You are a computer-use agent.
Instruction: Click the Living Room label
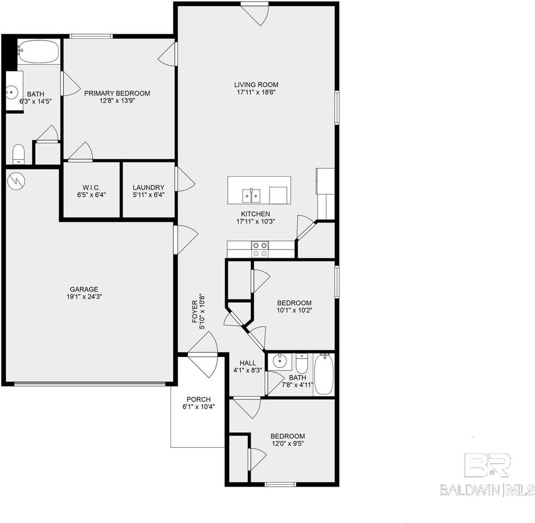[256, 84]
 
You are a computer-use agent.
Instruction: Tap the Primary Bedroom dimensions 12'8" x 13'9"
[117, 101]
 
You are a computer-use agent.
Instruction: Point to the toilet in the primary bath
[19, 153]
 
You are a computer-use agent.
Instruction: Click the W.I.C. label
[90, 187]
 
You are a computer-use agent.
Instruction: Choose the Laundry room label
[148, 187]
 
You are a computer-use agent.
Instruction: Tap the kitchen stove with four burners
[260, 249]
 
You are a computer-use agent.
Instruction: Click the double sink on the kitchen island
[251, 194]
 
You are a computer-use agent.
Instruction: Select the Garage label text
[84, 289]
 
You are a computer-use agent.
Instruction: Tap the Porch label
[198, 399]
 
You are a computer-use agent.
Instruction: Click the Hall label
[247, 362]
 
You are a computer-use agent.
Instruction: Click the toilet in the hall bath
[302, 363]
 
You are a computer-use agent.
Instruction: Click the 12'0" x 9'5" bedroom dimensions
[288, 443]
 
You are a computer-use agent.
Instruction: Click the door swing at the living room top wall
[256, 14]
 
